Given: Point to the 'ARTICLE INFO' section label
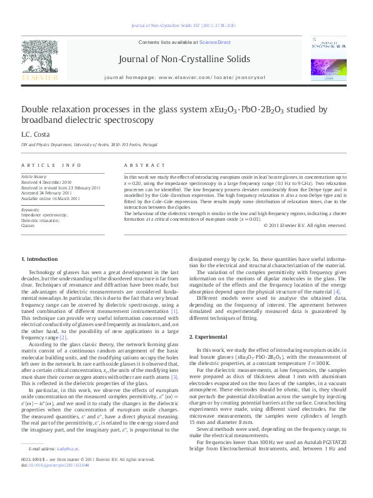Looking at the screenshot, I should (51, 165).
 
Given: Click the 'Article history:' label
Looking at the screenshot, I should (34, 177).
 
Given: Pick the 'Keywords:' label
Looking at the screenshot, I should (31, 209).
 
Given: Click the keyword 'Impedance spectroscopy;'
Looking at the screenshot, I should (44, 215).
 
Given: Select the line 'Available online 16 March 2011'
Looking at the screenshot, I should (51, 198).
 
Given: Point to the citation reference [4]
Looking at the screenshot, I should (337, 292).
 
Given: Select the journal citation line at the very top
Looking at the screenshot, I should (186, 26).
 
